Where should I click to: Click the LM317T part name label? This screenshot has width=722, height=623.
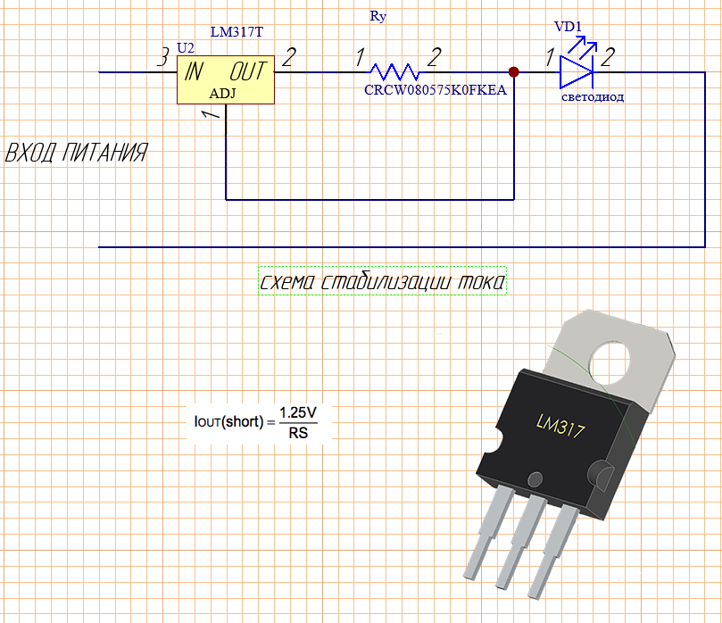[237, 31]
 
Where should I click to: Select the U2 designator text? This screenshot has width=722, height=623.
[186, 46]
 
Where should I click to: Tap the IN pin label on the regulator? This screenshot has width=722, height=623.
[195, 71]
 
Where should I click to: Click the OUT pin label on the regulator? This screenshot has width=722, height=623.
[247, 71]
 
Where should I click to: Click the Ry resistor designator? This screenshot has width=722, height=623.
[378, 16]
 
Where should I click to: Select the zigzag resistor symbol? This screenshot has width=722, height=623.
[394, 71]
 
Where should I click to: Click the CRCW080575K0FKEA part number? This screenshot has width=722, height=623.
[435, 89]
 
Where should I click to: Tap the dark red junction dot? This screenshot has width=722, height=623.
[513, 71]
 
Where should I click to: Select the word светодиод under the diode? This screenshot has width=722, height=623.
[593, 96]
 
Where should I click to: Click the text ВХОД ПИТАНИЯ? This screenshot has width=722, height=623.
[77, 154]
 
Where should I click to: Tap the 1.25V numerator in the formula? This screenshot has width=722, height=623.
[298, 413]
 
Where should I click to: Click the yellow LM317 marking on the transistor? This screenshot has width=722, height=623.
[560, 427]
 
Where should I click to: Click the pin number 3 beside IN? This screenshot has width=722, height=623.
[163, 60]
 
